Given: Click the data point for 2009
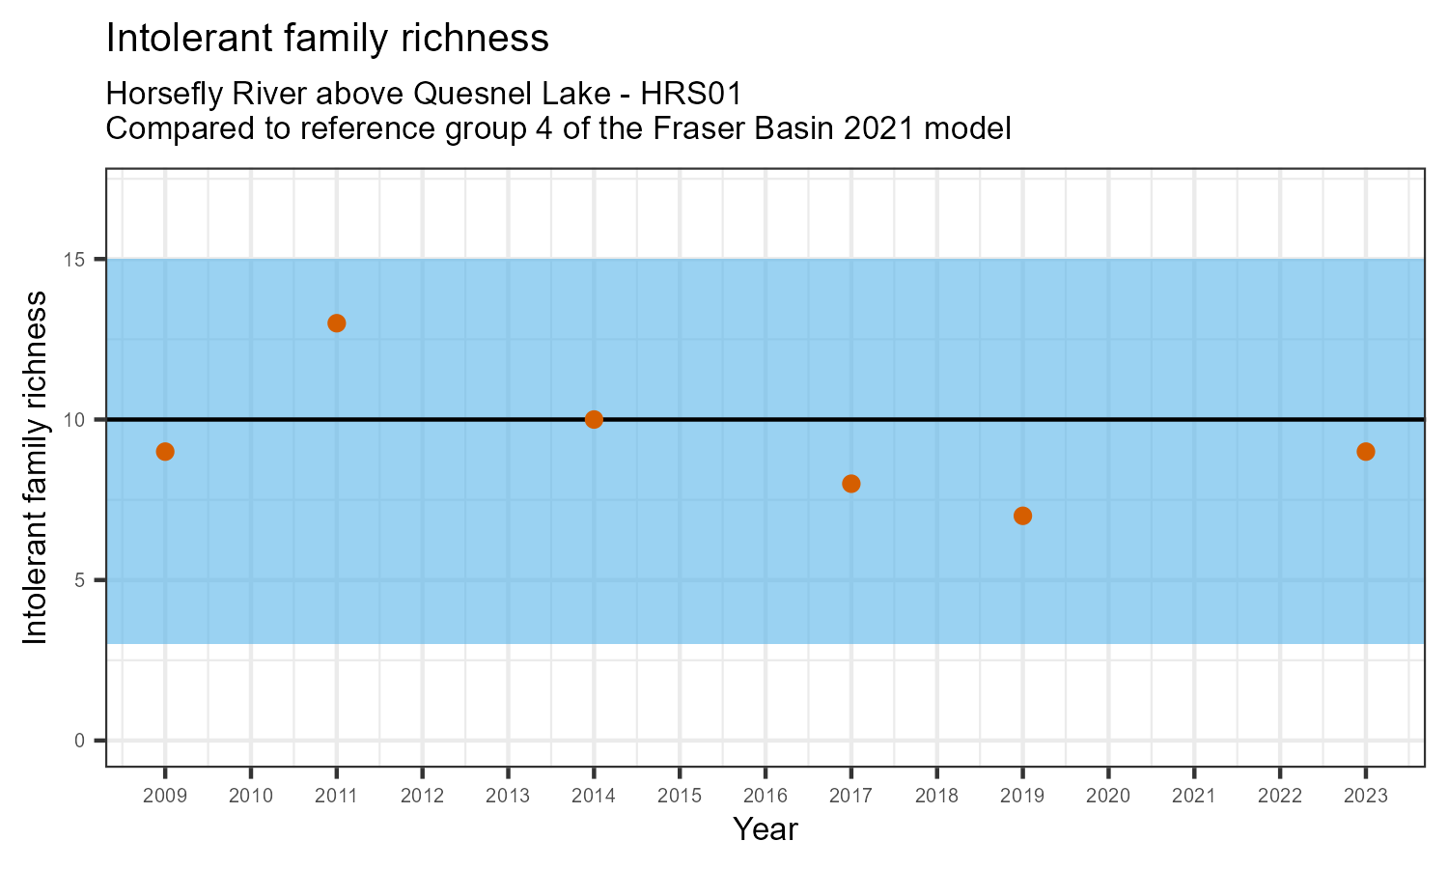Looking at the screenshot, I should coord(165,452).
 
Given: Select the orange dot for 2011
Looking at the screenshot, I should coord(337,323).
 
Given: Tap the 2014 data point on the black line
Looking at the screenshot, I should coord(594,419).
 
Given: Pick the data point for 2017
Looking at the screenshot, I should coord(850,484).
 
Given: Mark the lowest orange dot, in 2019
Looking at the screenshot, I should coord(1022,516).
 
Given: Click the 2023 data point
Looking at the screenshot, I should coord(1365,452).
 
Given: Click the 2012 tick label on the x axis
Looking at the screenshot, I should coord(422,797).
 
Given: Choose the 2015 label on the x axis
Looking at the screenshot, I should coord(679,797).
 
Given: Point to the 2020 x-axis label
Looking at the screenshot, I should coord(1107,797).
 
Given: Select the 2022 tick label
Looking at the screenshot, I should coord(1279,797).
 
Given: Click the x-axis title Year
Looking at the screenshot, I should coord(765,829).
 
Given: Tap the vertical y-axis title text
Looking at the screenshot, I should coord(35,467).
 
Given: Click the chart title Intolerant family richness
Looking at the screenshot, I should coord(327,39).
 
